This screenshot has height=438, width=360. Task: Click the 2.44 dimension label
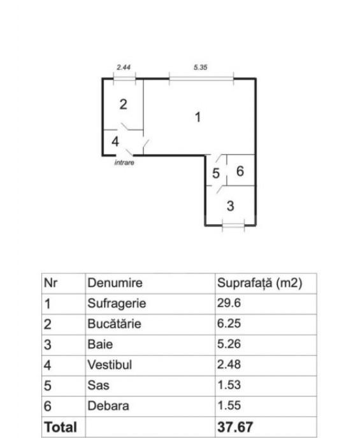(124, 67)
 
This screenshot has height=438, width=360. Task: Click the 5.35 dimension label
(201, 67)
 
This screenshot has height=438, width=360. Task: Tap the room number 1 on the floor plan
(198, 117)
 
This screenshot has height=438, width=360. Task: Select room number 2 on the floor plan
(123, 104)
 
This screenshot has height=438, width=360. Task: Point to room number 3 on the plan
(230, 206)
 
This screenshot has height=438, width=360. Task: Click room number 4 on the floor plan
(115, 141)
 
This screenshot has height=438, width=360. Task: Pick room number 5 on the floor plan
(216, 173)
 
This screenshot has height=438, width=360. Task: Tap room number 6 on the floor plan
(240, 171)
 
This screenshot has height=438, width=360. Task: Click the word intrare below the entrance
(124, 162)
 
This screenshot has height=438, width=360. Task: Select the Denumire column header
(115, 283)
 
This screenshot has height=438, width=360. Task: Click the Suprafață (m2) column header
(260, 283)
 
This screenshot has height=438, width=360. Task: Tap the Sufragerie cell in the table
(117, 304)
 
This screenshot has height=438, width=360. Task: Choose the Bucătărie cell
(114, 324)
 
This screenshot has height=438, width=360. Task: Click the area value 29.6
(229, 303)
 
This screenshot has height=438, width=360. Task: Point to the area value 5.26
(229, 344)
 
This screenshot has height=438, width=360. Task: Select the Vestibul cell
(110, 365)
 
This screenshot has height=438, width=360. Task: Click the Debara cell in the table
(108, 406)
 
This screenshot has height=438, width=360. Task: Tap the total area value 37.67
(235, 427)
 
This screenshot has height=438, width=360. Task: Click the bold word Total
(61, 427)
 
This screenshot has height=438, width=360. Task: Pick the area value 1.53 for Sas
(229, 385)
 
